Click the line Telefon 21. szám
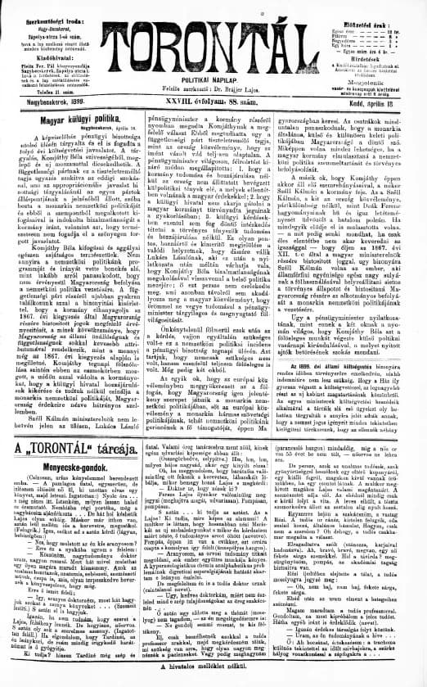43,94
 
